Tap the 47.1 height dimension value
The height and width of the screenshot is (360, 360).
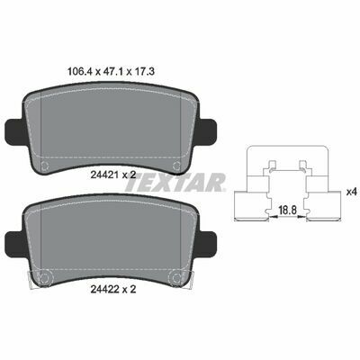pos(112,71)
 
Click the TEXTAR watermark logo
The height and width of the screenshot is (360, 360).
pos(175,182)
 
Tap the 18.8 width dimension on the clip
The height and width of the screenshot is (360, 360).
pos(288,210)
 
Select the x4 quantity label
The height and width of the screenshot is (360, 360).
pos(351,192)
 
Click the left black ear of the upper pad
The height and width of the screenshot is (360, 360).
pos(15,131)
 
